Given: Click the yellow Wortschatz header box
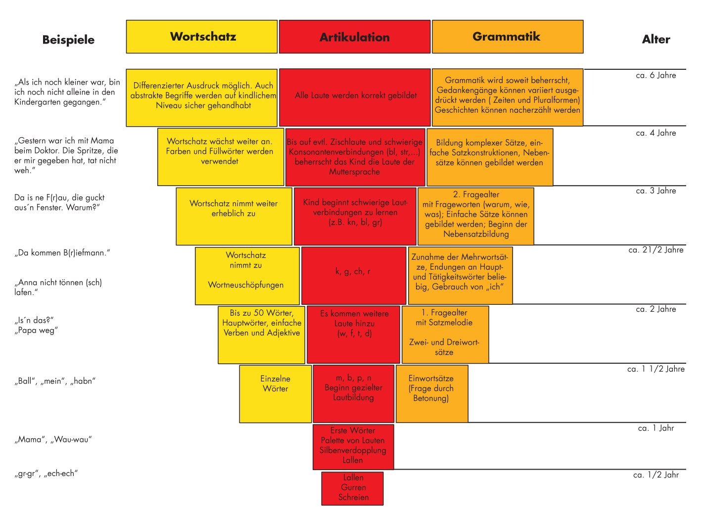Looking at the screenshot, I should (202, 37).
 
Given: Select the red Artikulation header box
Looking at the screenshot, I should (354, 37).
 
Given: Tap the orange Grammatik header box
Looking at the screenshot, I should (507, 37).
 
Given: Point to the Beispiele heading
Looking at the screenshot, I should (68, 40).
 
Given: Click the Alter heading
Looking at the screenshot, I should (656, 40).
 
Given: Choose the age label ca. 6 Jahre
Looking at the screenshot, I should (656, 75).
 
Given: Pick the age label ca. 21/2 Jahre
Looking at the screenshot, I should (656, 250).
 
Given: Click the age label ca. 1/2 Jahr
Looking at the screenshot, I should (656, 475).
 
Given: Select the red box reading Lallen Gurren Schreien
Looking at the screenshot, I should (352, 488).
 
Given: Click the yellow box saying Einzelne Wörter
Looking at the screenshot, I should (275, 394).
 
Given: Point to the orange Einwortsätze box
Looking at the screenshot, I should (432, 394).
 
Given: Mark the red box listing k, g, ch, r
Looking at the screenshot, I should (353, 276).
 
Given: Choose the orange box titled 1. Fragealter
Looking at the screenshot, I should (445, 335).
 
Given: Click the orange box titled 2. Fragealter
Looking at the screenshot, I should (476, 216).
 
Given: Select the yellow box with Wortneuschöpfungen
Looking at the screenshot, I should (247, 276).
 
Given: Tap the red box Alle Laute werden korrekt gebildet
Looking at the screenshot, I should (355, 97).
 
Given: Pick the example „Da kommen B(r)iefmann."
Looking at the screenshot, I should (62, 253).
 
